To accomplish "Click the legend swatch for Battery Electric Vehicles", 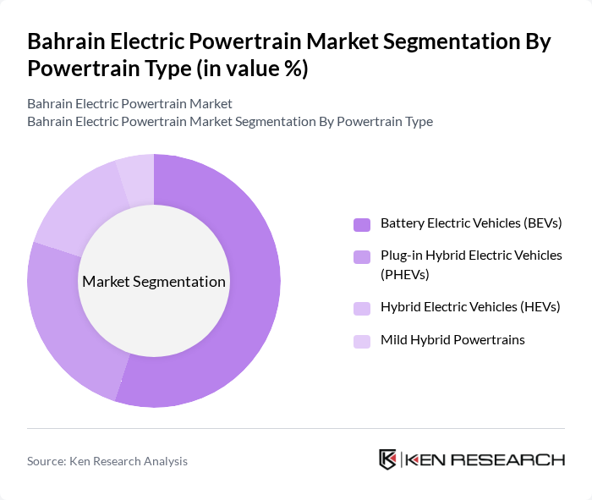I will pos(362,224).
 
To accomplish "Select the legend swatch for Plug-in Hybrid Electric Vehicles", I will pos(362,255).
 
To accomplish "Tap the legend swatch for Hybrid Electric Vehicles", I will pos(362,308).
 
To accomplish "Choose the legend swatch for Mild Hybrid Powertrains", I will pos(362,340).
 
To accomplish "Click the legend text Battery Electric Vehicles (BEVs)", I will pos(471,223).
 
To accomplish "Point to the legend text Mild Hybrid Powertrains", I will pos(452,339).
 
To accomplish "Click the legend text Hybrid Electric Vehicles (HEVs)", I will pos(470,307).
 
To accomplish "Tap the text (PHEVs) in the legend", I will pos(405,274).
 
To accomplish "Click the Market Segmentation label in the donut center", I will pos(154,282).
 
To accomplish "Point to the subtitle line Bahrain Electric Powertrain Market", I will pos(129,104).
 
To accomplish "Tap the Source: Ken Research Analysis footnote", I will pos(107,461).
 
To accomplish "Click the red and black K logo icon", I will pos(388,459).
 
